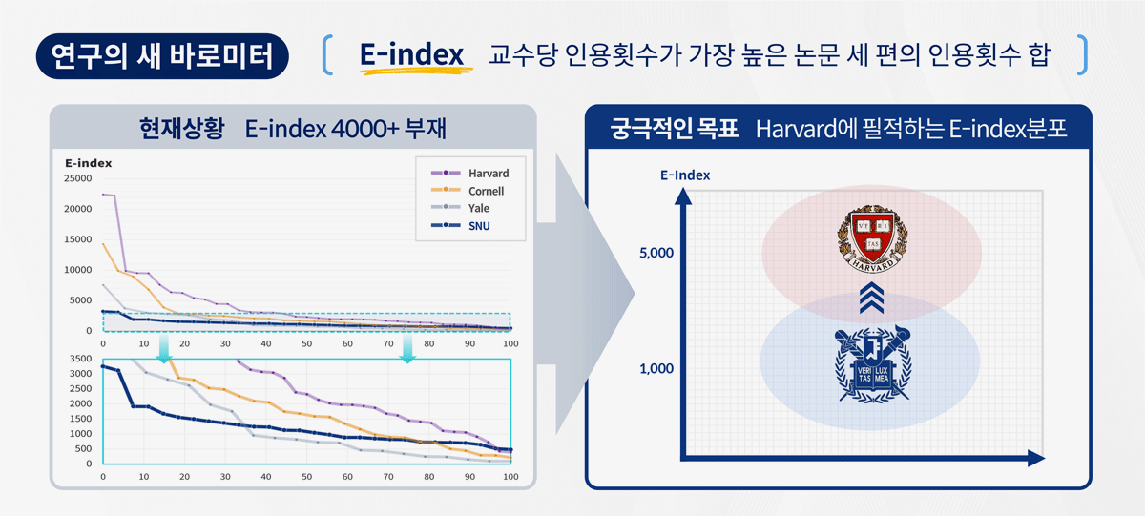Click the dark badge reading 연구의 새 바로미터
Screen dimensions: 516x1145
[x=162, y=56]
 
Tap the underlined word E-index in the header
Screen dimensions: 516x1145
[x=412, y=56]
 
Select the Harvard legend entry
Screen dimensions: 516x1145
[x=488, y=174]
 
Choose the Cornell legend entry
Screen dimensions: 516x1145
[x=486, y=191]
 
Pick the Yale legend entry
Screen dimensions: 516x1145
[x=479, y=208]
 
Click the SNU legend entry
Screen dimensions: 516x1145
[x=479, y=226]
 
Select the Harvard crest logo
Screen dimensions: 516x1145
[x=872, y=237]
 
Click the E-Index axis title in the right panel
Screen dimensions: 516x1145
[x=684, y=175]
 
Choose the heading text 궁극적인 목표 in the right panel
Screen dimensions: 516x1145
[x=675, y=129]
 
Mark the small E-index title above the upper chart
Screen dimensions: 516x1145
[x=89, y=163]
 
